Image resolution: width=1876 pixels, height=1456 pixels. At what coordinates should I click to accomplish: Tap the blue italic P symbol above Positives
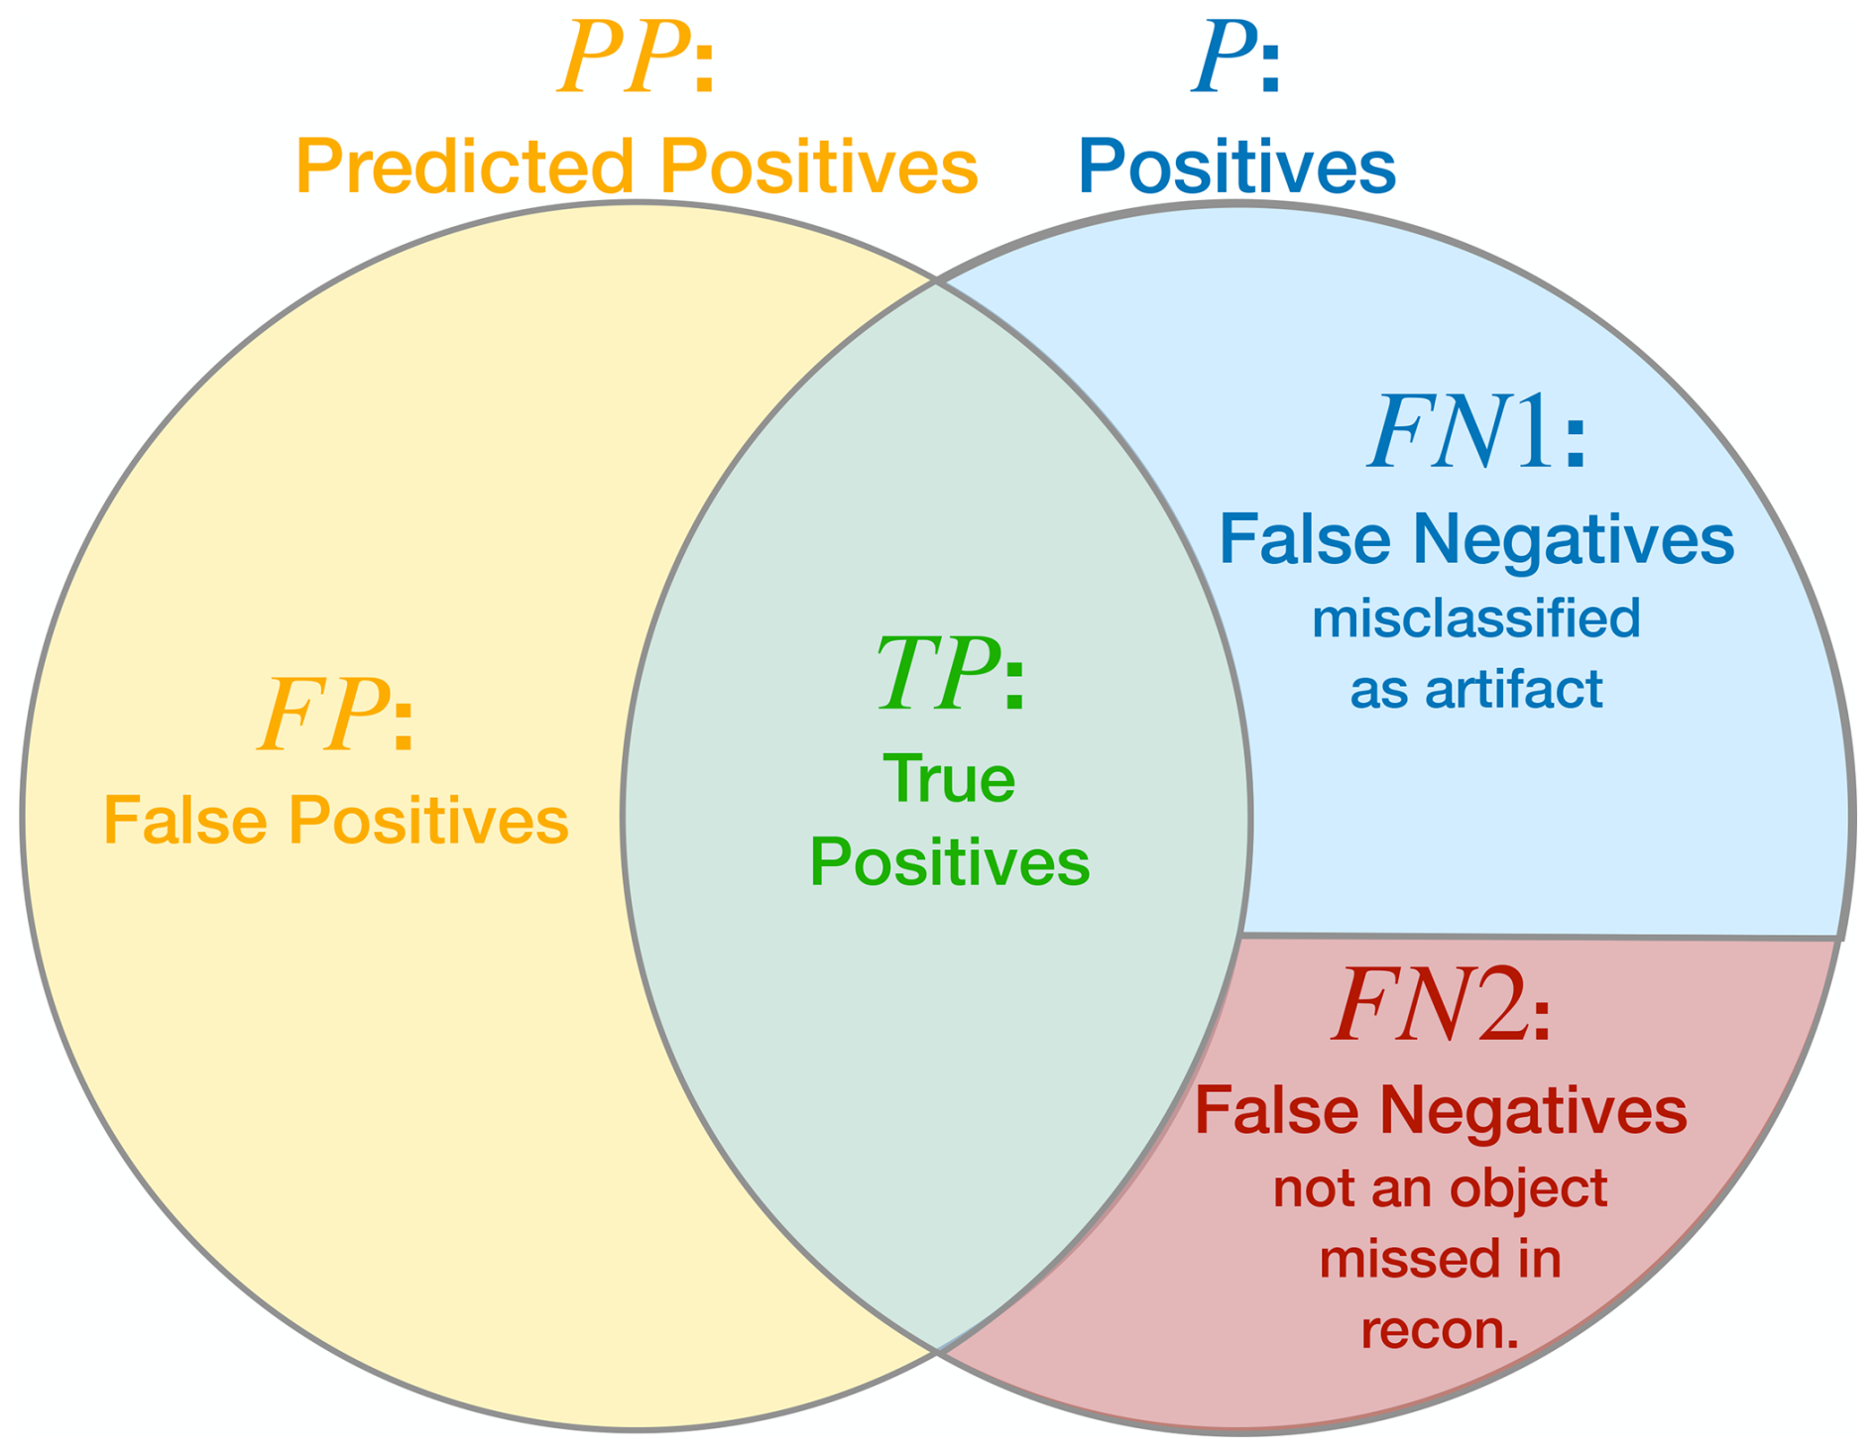pos(1221,61)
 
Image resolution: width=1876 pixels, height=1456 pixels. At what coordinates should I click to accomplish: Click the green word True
pos(949,780)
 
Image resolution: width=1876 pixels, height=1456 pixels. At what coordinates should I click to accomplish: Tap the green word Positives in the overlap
pos(949,862)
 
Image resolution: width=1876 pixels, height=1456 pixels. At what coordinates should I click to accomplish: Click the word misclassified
pos(1475,618)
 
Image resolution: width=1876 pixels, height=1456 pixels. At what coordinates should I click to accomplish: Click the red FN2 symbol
pos(1430,1007)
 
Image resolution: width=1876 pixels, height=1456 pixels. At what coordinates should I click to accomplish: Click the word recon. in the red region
pos(1440,1330)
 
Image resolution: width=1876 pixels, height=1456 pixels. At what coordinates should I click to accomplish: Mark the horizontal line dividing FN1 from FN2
pos(1537,936)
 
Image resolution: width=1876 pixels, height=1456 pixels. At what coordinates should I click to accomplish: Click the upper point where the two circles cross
pos(936,282)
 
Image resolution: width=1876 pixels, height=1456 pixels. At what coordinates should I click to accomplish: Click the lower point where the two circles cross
pos(936,1349)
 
